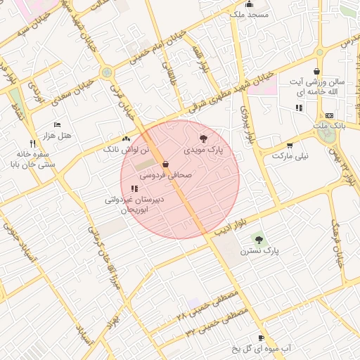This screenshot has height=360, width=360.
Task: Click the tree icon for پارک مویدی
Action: click(x=204, y=139)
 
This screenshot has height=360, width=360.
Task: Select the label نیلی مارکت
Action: click(x=290, y=155)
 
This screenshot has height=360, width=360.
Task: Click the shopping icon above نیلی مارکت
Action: click(x=290, y=145)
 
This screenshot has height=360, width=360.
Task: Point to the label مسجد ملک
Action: click(x=243, y=13)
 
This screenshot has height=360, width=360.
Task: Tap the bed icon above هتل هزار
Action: click(x=57, y=124)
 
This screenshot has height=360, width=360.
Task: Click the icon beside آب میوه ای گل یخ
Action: click(x=262, y=338)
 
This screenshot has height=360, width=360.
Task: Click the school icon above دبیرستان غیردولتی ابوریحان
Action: click(x=134, y=188)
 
